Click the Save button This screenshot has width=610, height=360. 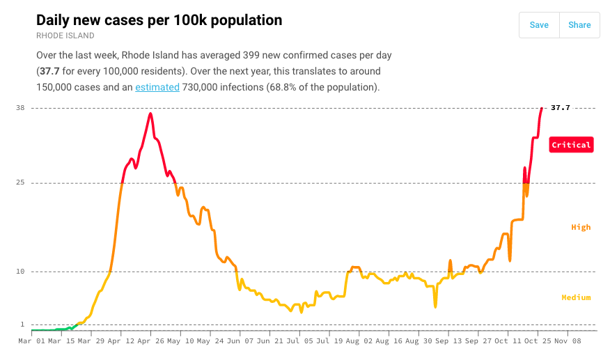tap(539, 25)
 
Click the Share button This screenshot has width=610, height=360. tap(579, 25)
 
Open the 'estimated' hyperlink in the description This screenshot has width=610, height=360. tap(157, 87)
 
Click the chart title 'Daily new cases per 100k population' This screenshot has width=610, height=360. tap(159, 20)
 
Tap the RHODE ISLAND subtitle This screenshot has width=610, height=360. tap(65, 36)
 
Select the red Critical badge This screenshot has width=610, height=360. tap(571, 145)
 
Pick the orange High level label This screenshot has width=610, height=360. tap(581, 227)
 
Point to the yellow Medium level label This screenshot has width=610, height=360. tap(576, 297)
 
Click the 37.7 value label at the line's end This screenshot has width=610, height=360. tap(561, 108)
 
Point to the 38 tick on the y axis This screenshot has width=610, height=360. tap(20, 108)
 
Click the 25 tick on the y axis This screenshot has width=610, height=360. tap(20, 182)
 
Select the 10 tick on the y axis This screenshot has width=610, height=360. tap(20, 272)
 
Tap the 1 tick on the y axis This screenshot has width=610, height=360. tap(22, 324)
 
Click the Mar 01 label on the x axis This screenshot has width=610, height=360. tap(31, 342)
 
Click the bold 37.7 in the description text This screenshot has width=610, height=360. tap(48, 71)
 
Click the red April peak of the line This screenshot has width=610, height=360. tap(150, 114)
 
